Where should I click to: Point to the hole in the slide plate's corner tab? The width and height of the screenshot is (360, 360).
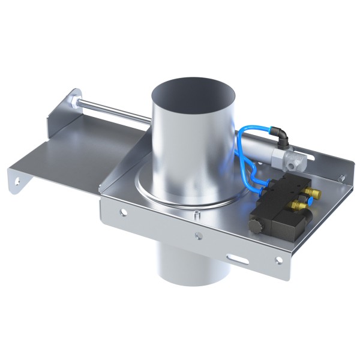pos(14,176)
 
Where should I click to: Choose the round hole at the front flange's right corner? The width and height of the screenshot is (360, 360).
pos(278,260)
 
